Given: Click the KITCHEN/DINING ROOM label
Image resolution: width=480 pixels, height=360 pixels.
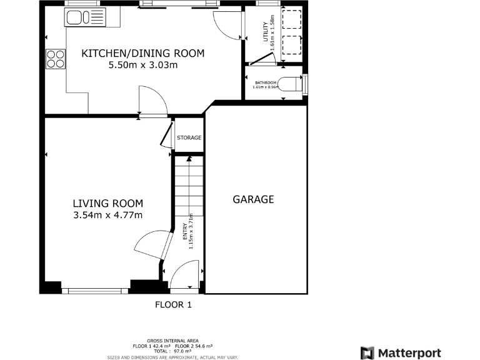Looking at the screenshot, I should tap(143, 53).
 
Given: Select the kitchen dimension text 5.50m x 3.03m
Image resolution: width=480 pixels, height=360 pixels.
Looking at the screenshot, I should tap(143, 65).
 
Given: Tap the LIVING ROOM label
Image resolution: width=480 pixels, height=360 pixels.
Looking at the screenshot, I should tap(107, 203).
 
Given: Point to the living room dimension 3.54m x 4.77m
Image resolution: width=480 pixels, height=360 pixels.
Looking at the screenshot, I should tap(107, 216).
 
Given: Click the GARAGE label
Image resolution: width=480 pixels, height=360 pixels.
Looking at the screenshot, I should tap(253, 199).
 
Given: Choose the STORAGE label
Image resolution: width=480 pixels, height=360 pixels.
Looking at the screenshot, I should tap(189, 137).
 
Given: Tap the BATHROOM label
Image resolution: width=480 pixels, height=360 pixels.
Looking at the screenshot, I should tap(265, 82).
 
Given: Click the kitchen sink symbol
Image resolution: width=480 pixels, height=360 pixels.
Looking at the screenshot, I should tap(85, 17).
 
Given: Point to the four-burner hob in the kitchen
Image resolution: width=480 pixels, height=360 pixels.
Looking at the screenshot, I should tap(56, 58).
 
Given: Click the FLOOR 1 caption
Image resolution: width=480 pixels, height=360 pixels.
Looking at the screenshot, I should tap(173, 305).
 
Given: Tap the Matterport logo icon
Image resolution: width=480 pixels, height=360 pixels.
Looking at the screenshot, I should tap(367, 353).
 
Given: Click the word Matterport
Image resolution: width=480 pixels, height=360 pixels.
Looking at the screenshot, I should tap(409, 353).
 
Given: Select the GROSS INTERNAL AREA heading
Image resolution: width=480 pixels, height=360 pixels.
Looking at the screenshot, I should tap(172, 341).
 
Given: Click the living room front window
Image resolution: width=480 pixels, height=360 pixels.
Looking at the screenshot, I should tap(95, 291).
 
